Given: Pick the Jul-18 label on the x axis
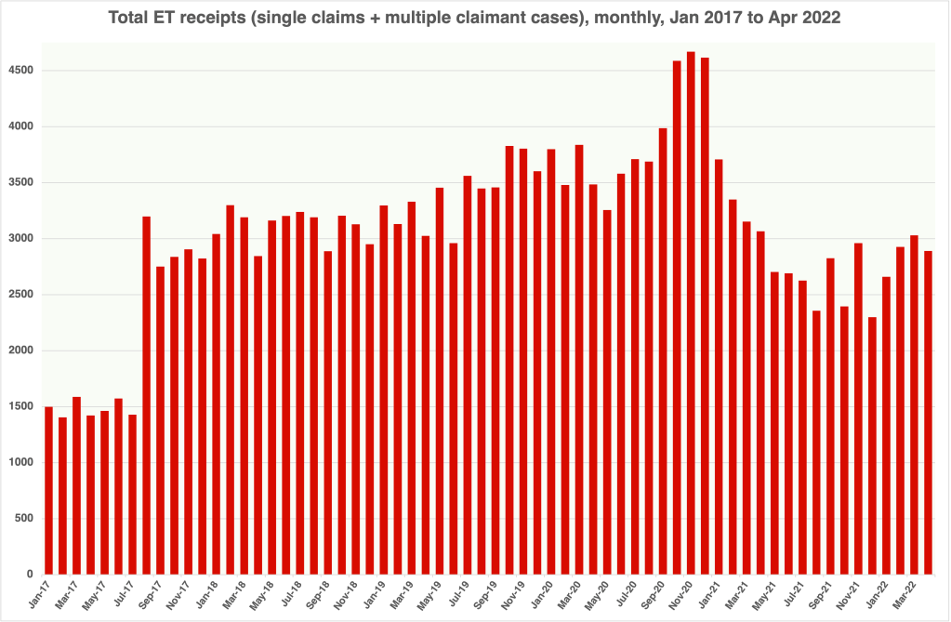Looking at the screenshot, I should click(x=291, y=595).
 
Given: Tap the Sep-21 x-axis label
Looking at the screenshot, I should click(x=821, y=595).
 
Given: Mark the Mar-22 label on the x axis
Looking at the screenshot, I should click(x=905, y=595).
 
